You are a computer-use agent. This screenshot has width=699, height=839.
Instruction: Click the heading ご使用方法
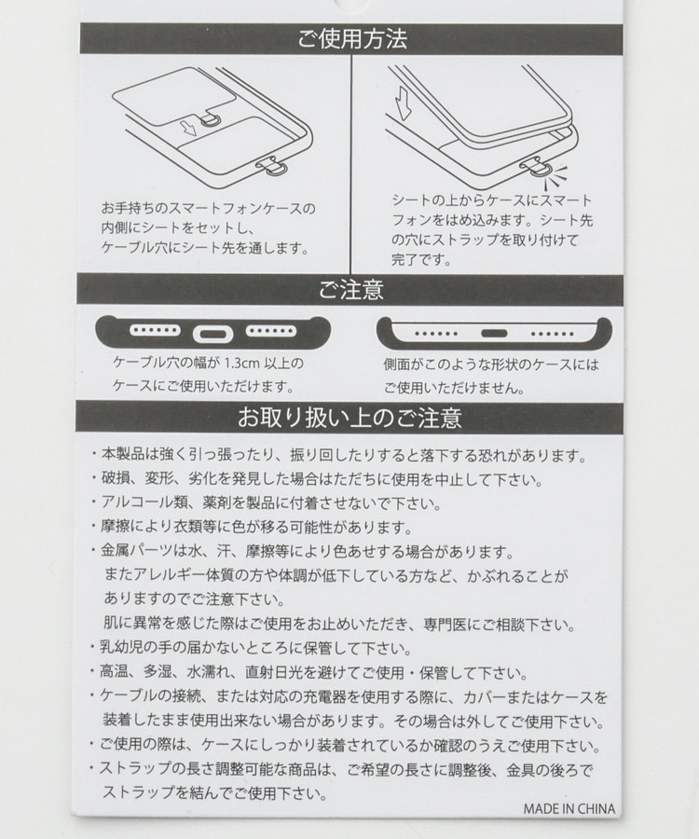[352, 38]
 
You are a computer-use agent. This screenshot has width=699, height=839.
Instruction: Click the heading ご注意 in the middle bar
[350, 290]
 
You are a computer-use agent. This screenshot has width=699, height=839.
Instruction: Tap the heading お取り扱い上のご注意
[349, 418]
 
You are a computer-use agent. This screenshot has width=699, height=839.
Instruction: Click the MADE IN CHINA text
[569, 808]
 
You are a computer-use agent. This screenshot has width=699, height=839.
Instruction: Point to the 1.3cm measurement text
[241, 364]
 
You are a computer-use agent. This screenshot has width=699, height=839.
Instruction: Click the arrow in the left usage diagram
[188, 129]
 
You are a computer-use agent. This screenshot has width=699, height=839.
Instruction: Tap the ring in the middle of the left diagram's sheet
[212, 120]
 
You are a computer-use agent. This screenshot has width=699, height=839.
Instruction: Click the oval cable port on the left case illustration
[212, 335]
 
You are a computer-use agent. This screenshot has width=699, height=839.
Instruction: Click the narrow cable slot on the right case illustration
[494, 334]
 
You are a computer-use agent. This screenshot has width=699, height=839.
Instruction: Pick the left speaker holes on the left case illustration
[155, 330]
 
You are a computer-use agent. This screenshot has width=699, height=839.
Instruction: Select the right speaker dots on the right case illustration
[552, 334]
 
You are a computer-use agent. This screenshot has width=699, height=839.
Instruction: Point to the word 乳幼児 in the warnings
[121, 648]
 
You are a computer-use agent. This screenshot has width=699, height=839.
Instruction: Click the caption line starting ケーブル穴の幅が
[208, 364]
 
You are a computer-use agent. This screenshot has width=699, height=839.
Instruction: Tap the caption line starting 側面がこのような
[491, 364]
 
